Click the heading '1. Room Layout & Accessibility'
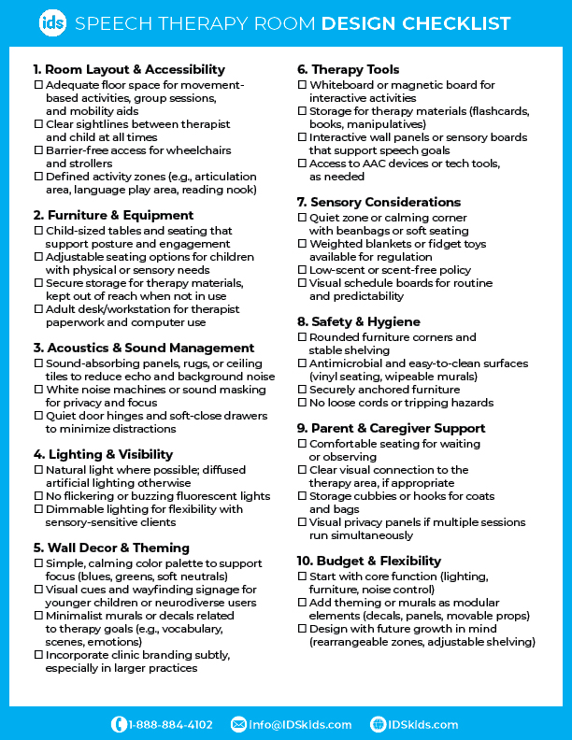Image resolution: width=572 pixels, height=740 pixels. coord(129,69)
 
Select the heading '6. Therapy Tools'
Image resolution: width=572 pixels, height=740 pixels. coord(348,69)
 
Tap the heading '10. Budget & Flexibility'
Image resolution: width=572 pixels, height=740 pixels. coord(368,561)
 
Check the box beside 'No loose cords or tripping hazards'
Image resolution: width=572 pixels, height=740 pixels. coord(302,403)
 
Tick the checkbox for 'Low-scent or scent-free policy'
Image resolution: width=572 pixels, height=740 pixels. coord(302,270)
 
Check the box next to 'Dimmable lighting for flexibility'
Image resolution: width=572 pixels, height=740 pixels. coord(37,509)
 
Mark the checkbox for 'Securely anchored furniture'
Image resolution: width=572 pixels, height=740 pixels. coord(302,390)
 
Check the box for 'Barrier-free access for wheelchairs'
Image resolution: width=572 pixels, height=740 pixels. coord(37,150)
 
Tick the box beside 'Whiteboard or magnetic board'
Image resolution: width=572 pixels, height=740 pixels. coord(302,85)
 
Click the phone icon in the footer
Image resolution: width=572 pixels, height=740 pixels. coord(119,724)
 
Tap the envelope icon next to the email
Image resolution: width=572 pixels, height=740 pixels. coord(238,724)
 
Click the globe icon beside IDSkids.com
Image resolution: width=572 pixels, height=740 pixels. coord(379,724)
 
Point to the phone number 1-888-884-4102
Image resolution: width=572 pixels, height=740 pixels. coord(170,724)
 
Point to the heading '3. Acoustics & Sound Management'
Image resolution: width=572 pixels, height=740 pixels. coord(143,348)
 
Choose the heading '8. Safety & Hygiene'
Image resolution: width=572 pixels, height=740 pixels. coord(359,321)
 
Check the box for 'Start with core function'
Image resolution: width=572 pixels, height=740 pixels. coord(302,576)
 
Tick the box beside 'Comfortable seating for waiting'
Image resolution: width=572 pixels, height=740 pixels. coord(302,444)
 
